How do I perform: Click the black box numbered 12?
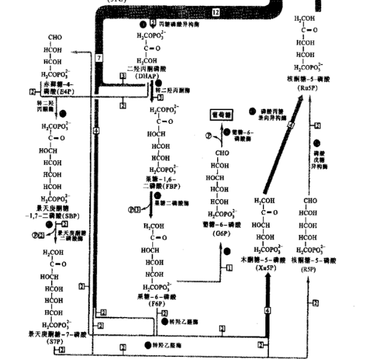pyautogui.click(x=215, y=12)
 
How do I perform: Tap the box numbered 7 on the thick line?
pyautogui.click(x=99, y=57)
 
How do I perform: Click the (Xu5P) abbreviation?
pyautogui.click(x=265, y=268)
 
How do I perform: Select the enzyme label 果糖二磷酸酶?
pyautogui.click(x=178, y=202)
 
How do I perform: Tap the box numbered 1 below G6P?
pyautogui.click(x=228, y=269)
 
